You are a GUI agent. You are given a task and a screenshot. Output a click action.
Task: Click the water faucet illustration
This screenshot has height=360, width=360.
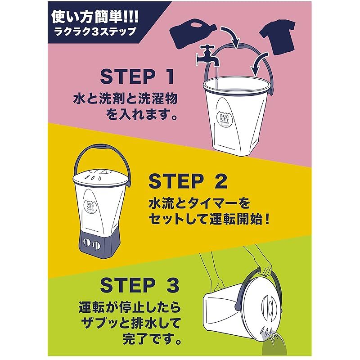(208, 56)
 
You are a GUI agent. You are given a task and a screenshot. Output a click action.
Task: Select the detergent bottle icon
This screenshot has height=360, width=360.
(193, 35)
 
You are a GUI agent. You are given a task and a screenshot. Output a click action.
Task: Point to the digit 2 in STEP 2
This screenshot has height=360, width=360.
(220, 181)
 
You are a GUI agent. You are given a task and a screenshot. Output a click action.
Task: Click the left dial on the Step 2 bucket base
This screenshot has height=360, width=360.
(87, 243)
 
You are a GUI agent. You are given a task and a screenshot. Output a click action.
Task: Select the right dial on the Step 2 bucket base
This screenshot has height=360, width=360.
(96, 245)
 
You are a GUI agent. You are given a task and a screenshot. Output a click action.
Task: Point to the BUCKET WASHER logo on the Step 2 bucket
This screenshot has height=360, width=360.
(91, 207)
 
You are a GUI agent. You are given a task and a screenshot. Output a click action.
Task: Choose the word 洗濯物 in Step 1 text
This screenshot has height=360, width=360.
(158, 99)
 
